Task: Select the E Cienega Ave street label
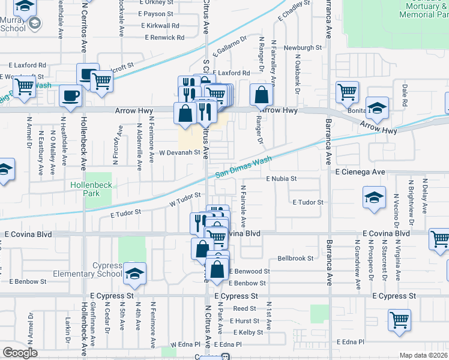[x=360, y=172]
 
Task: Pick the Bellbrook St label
[x=296, y=258]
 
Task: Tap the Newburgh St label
[x=303, y=47]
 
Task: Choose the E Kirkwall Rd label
[x=160, y=26]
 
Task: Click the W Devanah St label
[x=179, y=153]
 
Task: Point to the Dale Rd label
[x=405, y=91]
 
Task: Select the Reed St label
[x=245, y=308]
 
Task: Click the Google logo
[x=20, y=353]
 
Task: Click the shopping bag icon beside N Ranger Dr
[x=262, y=94]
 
